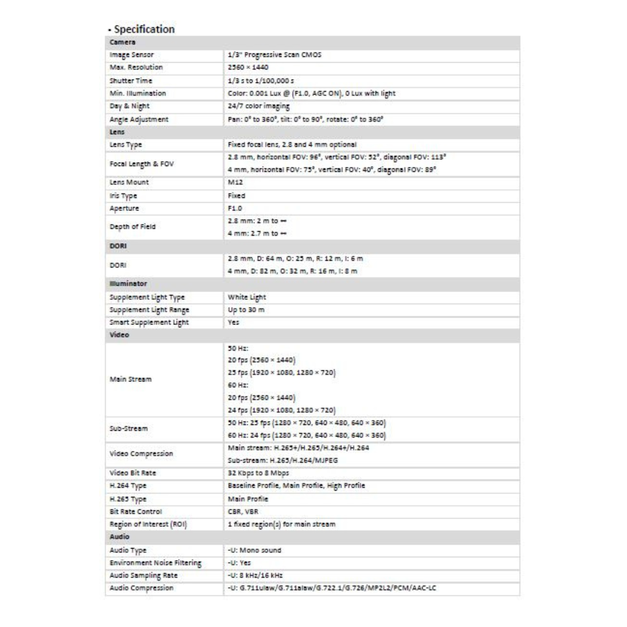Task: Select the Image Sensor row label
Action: coord(132,55)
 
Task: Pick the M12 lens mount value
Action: coord(236,182)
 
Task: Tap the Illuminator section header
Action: coord(128,284)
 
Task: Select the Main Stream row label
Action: coord(131,380)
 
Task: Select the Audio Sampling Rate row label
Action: coord(143,575)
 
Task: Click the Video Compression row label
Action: coord(142,454)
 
